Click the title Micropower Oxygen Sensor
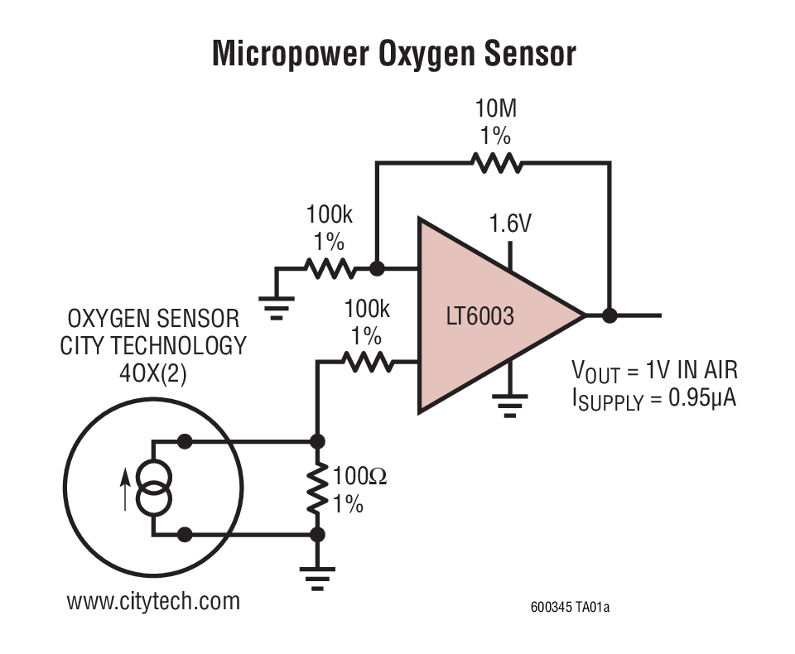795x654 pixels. click(x=394, y=53)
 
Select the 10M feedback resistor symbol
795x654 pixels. click(x=497, y=163)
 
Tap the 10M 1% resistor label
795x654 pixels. click(x=496, y=122)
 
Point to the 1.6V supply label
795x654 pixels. click(x=510, y=224)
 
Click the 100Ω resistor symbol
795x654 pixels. click(x=316, y=488)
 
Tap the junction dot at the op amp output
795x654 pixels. click(x=610, y=315)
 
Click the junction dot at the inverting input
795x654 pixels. click(x=376, y=268)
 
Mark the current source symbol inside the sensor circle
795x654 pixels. click(x=154, y=488)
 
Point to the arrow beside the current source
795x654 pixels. click(x=125, y=488)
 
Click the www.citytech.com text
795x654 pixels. click(x=153, y=600)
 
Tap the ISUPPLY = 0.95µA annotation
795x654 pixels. click(x=653, y=399)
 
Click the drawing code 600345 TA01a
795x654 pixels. click(x=570, y=608)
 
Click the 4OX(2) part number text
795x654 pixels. click(x=153, y=372)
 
